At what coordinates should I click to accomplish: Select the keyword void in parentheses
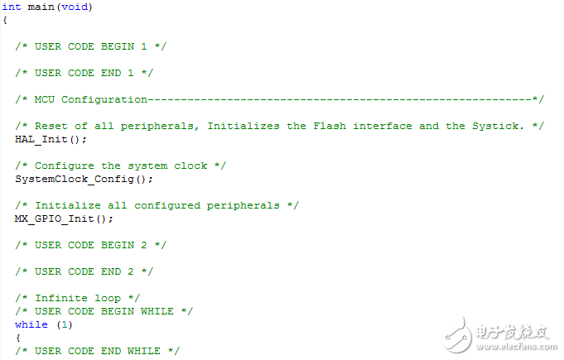tap(75, 7)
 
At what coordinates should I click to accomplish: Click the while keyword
tap(31, 324)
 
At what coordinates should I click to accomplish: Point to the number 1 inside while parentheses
tap(65, 324)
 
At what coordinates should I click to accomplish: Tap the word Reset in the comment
tap(51, 126)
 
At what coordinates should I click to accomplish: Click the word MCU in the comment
tap(45, 99)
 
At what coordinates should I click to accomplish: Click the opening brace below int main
tap(5, 20)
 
